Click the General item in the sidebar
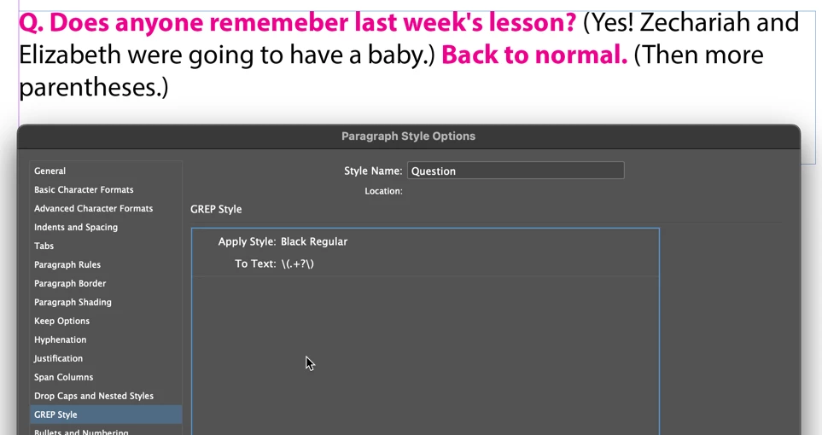50,171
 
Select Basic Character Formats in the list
84,189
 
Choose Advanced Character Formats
93,209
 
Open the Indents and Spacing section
76,228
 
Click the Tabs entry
44,246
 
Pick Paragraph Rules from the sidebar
67,264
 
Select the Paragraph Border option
70,283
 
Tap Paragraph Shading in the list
73,303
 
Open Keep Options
61,322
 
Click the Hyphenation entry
61,339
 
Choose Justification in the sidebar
58,358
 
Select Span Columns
63,377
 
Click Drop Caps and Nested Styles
94,397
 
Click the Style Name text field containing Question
516,171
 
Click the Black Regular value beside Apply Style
314,241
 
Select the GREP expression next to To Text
297,264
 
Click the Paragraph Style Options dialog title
408,136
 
